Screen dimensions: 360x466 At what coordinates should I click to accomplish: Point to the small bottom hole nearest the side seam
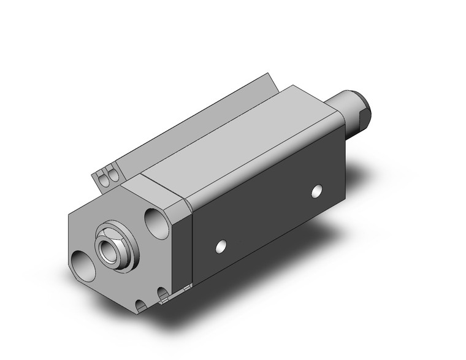click(x=163, y=294)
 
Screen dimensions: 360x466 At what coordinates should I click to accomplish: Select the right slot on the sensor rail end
click(x=112, y=175)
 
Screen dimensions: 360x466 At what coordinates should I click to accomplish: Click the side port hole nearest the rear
click(x=316, y=191)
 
